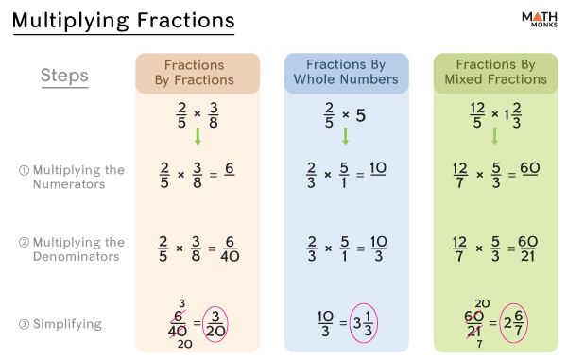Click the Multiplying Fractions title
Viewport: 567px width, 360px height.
(x=123, y=21)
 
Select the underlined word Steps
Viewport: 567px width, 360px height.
(x=65, y=75)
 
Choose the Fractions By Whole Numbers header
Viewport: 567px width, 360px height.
(x=346, y=72)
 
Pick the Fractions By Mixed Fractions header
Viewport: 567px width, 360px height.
(x=495, y=72)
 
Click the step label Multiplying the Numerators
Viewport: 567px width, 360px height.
(x=77, y=177)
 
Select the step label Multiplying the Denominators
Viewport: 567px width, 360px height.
(x=77, y=249)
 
